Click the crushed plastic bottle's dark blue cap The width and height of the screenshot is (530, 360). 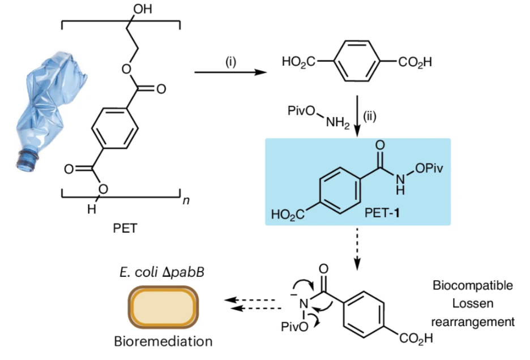tap(25, 159)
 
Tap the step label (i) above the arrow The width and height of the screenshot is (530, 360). tap(231, 62)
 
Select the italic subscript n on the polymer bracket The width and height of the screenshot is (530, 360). tap(185, 202)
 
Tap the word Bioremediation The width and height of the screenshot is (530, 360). tap(163, 341)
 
